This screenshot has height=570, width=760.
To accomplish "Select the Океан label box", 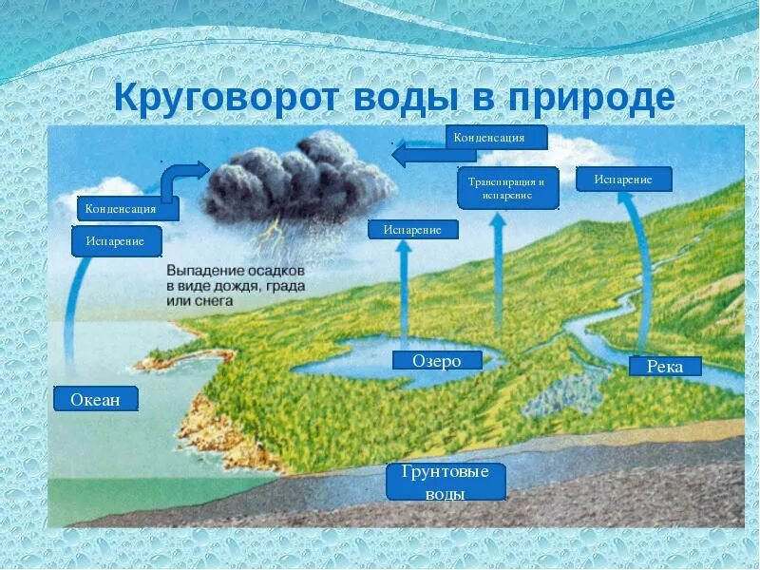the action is coord(96,399).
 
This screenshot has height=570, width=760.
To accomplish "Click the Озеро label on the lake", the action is coord(437,360).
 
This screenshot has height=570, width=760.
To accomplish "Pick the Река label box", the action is coord(665,366).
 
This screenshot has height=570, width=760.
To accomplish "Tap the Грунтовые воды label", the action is coord(446,482).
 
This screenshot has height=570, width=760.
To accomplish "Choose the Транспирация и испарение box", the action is coord(506,187).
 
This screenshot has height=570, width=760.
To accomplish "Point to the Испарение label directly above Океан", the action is coord(116,241).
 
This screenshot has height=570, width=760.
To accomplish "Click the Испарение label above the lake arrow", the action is coord(413,229).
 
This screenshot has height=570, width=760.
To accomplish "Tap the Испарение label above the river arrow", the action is coord(623,179).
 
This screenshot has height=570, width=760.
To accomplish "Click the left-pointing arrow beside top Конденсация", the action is coord(418,151).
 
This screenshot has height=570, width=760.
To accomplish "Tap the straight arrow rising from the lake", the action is coord(403,294).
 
